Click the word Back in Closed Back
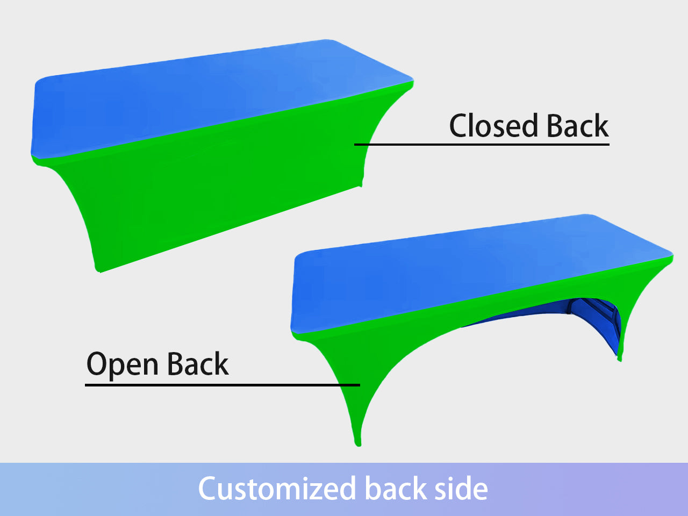coord(578,126)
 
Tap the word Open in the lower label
coord(124,365)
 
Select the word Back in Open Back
coord(198,364)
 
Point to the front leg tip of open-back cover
coord(358,442)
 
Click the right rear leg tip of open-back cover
coord(620,358)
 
